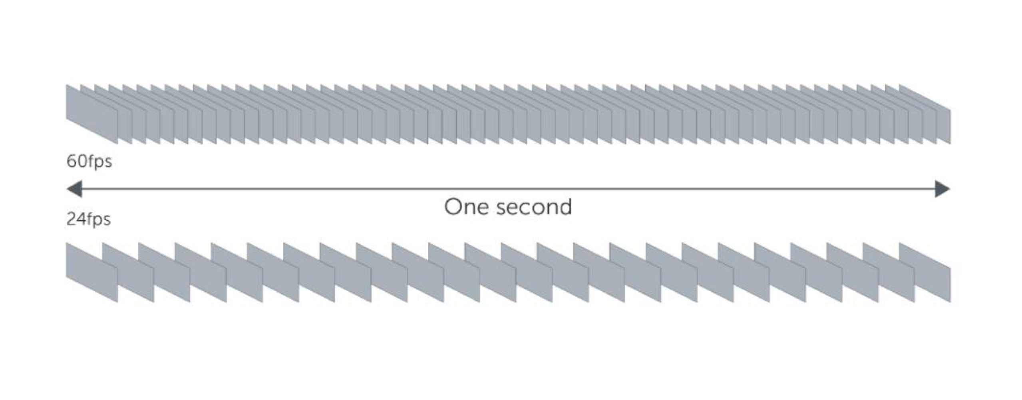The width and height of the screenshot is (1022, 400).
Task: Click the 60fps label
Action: (x=89, y=162)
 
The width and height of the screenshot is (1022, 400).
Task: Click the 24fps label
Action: (x=88, y=219)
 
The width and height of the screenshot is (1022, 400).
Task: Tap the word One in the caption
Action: (x=463, y=207)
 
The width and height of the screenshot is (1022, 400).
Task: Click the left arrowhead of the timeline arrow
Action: (x=74, y=189)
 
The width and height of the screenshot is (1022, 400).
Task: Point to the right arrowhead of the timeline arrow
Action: (x=942, y=189)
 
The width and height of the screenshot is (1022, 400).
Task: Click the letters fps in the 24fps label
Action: (x=97, y=219)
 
